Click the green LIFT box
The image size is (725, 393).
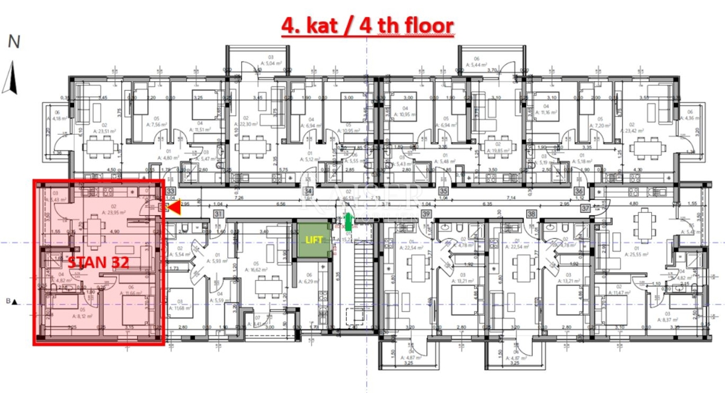tap(313, 240)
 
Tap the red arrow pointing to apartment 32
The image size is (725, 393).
tap(174, 208)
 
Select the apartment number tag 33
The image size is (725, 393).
tap(170, 189)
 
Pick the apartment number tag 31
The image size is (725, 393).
tap(219, 214)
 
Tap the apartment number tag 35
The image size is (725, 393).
tap(444, 189)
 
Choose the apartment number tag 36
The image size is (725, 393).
tap(580, 189)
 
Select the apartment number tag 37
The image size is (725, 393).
tap(585, 208)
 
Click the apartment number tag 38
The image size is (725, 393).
tap(532, 214)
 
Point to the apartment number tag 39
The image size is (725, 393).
tap(427, 214)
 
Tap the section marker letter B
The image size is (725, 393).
tap(8, 301)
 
